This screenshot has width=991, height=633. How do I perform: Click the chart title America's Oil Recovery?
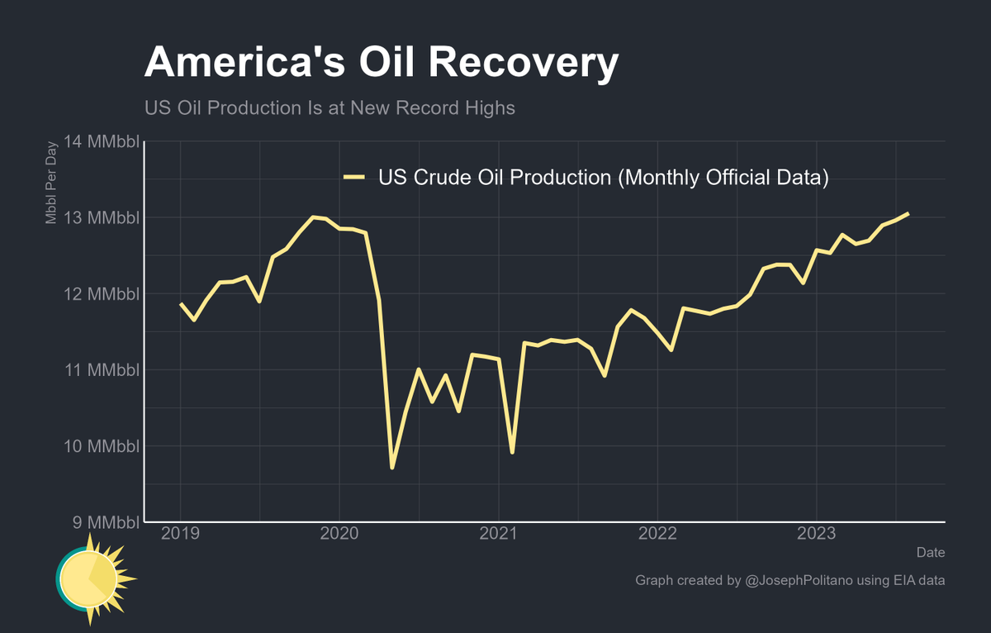(x=381, y=64)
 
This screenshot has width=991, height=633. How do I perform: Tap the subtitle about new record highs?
(x=330, y=108)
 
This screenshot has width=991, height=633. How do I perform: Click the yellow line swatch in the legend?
(x=354, y=177)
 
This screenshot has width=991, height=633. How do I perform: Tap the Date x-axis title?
(x=931, y=552)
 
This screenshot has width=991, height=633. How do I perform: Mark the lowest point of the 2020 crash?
(x=392, y=468)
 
